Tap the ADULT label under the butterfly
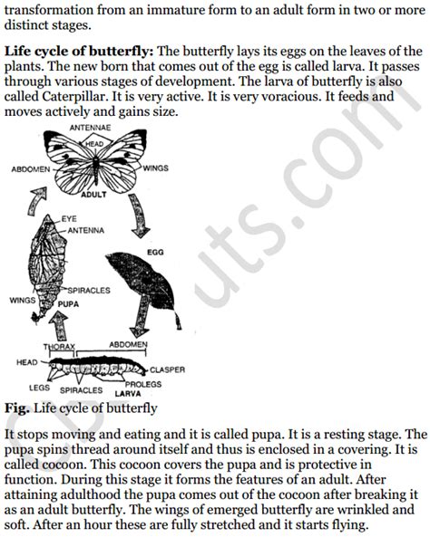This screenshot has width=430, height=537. pos(93,195)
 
